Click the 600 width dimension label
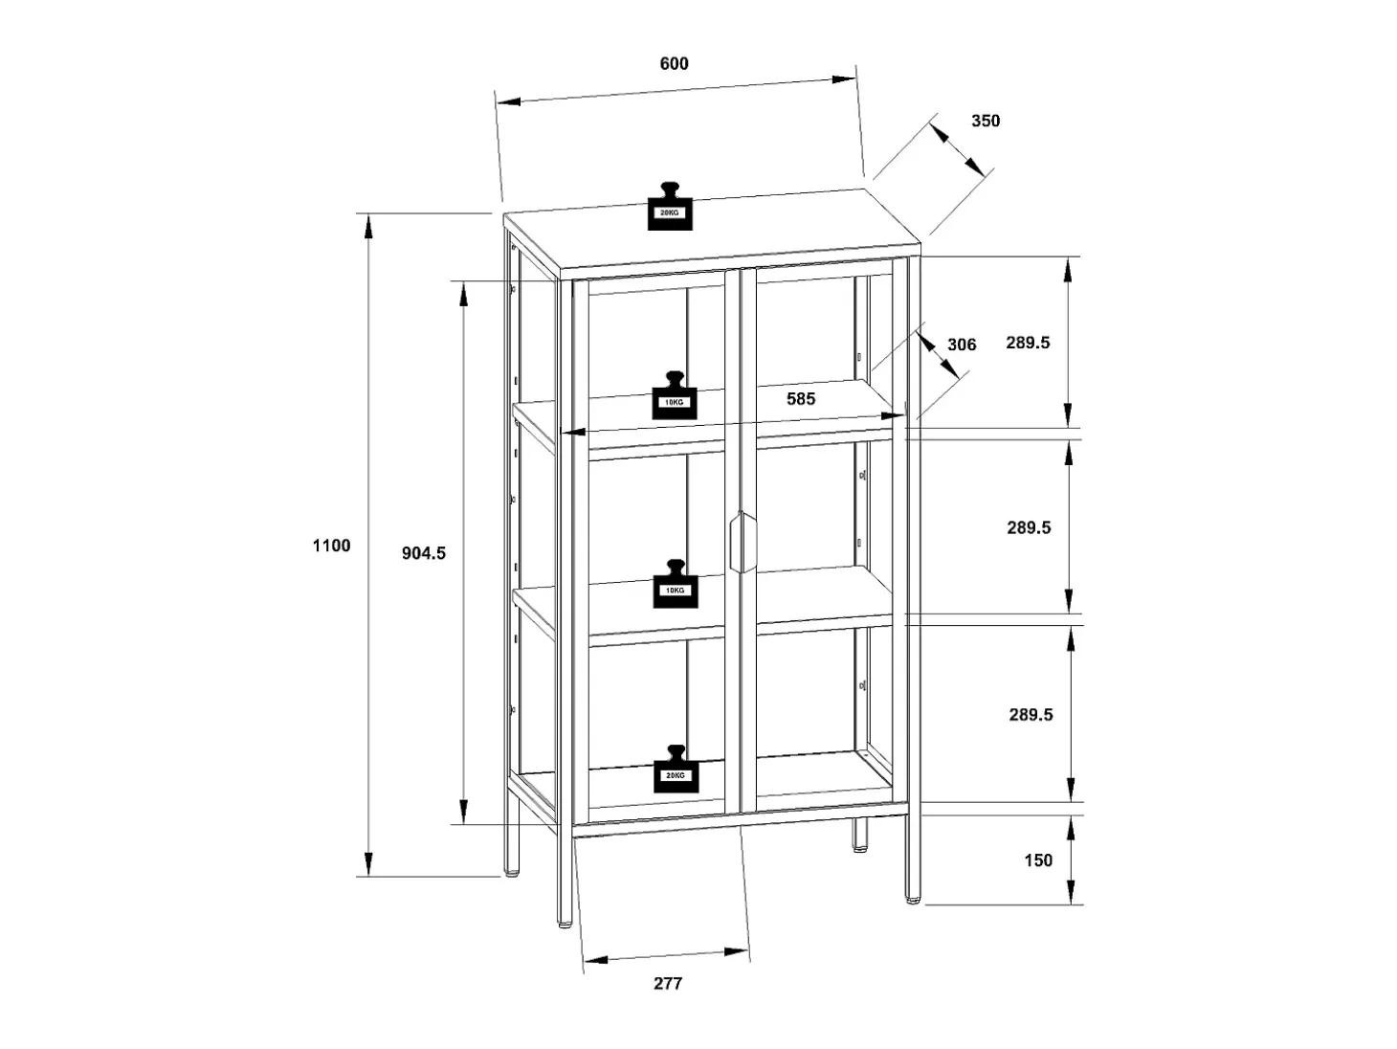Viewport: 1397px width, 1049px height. coord(674,64)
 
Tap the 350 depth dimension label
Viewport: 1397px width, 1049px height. coord(986,121)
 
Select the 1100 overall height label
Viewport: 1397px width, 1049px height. coord(332,546)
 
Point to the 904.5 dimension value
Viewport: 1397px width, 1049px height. coord(424,554)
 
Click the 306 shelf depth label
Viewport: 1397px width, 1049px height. coord(962,345)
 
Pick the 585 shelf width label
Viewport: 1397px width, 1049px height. coord(801,399)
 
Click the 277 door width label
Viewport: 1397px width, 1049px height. coord(668,984)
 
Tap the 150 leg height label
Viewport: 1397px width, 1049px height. coord(1038,860)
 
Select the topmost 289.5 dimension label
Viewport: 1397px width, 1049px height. coord(1028,343)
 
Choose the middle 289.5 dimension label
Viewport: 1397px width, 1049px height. coord(1030,527)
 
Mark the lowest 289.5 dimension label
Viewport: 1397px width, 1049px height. coord(1031,715)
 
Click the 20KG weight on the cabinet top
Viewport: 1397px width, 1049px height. coord(670,206)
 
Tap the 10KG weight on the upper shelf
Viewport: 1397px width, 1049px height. coord(674,396)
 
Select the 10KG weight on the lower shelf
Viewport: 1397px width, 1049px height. coord(676,585)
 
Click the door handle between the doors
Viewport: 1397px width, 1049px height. coord(743,542)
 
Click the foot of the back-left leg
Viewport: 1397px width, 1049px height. coord(512,872)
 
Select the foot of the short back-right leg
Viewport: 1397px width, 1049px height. coord(860,847)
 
